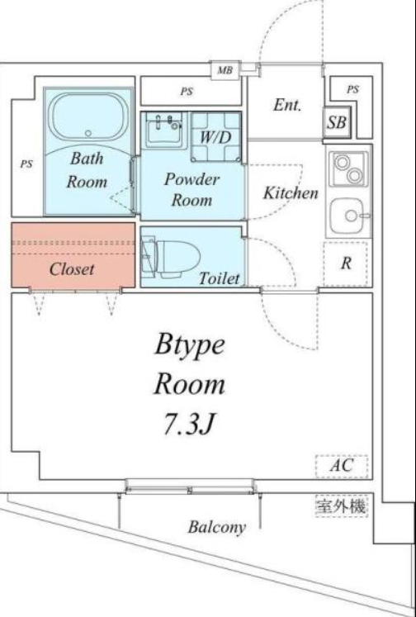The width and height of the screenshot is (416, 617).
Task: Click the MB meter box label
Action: pyautogui.click(x=225, y=71)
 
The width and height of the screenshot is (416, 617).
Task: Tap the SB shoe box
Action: pyautogui.click(x=337, y=122)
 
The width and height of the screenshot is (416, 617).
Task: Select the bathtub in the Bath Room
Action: pyautogui.click(x=88, y=116)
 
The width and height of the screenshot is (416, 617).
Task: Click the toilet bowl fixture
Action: pyautogui.click(x=171, y=257)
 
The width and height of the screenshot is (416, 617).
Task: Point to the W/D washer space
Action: pyautogui.click(x=215, y=136)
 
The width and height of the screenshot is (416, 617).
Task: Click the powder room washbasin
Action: pyautogui.click(x=164, y=131)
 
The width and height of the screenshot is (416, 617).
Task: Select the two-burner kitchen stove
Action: pyautogui.click(x=349, y=169)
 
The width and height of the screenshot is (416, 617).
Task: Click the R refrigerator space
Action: pyautogui.click(x=346, y=263)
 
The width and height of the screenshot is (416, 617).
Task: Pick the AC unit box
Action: pyautogui.click(x=342, y=467)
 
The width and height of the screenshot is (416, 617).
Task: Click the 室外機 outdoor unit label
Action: pyautogui.click(x=341, y=505)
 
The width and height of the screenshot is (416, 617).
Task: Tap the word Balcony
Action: pyautogui.click(x=216, y=527)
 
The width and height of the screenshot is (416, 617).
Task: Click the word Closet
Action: pyautogui.click(x=72, y=269)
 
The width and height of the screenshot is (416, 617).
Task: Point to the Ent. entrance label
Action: pyautogui.click(x=287, y=105)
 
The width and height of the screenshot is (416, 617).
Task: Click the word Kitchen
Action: pyautogui.click(x=291, y=192)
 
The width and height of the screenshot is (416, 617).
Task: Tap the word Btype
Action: pyautogui.click(x=190, y=346)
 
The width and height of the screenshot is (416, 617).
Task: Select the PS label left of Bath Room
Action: pyautogui.click(x=26, y=164)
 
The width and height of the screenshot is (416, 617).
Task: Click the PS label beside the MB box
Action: pyautogui.click(x=187, y=92)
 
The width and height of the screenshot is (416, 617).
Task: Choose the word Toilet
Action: pyautogui.click(x=220, y=278)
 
